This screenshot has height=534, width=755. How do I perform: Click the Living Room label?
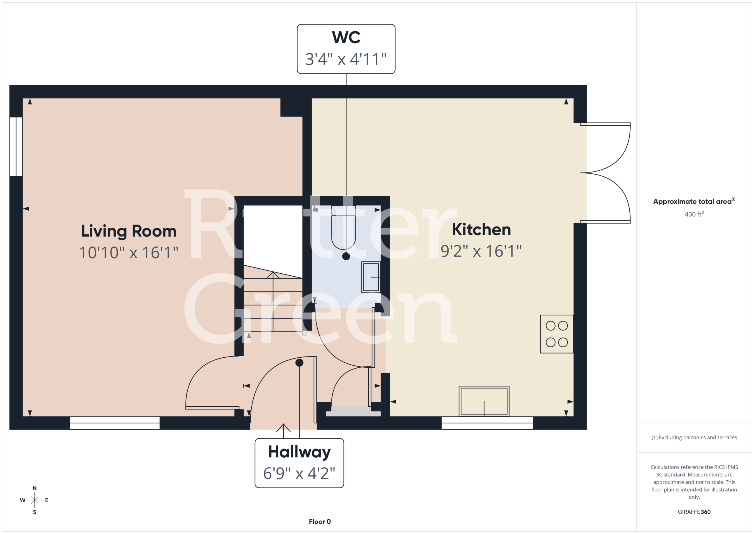click(x=129, y=231)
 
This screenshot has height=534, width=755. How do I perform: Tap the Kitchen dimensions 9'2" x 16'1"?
click(x=481, y=251)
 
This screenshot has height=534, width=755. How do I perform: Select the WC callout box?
click(x=346, y=49)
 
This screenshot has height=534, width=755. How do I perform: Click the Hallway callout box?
click(x=299, y=463)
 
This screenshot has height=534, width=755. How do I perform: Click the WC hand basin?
click(x=371, y=277)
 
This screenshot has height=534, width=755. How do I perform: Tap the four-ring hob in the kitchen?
click(x=557, y=334)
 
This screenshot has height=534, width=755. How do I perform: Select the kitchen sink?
click(x=484, y=401)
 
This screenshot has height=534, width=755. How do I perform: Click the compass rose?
click(x=35, y=500)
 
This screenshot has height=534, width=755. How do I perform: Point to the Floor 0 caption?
click(x=320, y=522)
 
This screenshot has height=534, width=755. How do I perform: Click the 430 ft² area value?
click(x=694, y=214)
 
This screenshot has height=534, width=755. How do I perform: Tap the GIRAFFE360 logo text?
click(x=694, y=512)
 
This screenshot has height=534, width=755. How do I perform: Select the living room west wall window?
click(x=16, y=147)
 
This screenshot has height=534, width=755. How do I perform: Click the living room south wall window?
click(x=115, y=423)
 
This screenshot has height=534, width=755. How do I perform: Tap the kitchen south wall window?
click(x=487, y=423)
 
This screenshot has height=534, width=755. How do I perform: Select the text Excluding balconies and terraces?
click(x=698, y=437)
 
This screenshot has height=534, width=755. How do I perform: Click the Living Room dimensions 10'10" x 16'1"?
click(x=129, y=252)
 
